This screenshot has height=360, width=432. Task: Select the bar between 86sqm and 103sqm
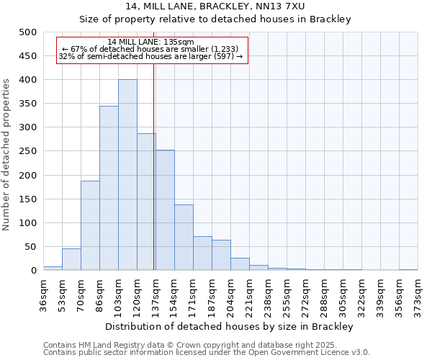(109, 188)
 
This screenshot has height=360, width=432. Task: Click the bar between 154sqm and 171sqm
(184, 238)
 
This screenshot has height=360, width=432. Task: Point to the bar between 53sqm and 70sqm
(71, 259)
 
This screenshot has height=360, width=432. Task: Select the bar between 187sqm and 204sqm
(221, 255)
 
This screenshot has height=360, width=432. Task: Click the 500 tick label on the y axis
(27, 32)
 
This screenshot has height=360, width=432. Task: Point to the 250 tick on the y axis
(27, 151)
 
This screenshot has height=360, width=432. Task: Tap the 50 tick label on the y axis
(30, 247)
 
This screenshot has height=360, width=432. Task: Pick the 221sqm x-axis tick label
(249, 293)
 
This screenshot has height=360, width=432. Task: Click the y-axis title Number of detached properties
(7, 151)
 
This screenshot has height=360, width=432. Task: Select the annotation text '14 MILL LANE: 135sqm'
(150, 42)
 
